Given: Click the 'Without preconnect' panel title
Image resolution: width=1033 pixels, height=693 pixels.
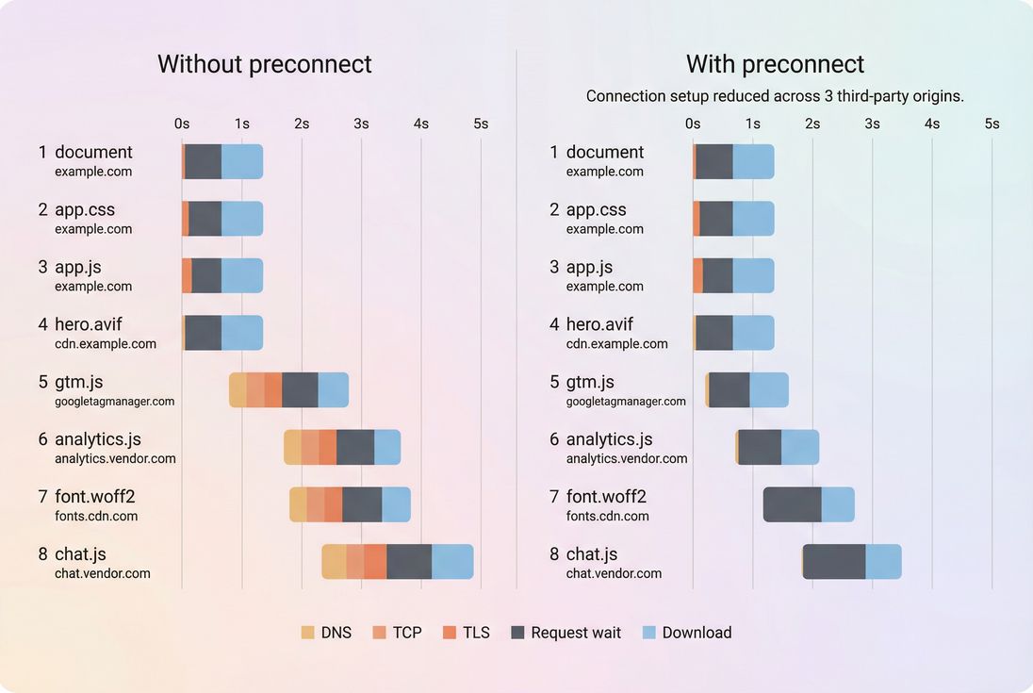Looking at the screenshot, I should (265, 64).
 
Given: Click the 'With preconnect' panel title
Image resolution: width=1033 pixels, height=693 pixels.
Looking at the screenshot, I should (775, 64).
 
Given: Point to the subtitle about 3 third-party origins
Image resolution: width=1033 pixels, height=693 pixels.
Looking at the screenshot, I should (775, 96).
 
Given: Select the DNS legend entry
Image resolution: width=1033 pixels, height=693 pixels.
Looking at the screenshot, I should (326, 633).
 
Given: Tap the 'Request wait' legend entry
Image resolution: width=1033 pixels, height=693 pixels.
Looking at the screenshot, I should (566, 633).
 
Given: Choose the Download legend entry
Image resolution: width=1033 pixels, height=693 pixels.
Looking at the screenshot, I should (686, 633).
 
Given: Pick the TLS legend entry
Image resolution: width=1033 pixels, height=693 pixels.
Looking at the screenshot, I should (466, 633).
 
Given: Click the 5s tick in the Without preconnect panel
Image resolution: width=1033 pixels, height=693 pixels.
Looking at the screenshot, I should (481, 124).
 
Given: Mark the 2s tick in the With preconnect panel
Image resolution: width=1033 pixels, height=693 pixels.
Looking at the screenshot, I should (812, 124).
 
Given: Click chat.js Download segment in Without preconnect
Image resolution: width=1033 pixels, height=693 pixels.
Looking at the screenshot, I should (452, 562).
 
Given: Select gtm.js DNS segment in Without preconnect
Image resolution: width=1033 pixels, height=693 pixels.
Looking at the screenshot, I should (238, 390).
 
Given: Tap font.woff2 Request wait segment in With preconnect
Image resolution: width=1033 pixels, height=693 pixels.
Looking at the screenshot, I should (792, 504).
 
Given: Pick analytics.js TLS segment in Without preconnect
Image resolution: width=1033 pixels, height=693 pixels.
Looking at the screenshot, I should (327, 447).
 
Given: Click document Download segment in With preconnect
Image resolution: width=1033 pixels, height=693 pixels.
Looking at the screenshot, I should (753, 161).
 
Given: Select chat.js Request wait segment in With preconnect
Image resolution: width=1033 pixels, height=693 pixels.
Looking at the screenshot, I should (834, 562).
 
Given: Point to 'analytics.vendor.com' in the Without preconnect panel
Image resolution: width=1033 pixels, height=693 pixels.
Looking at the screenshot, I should (115, 458).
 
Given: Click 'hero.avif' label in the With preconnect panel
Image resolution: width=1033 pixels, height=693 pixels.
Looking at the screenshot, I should (599, 324).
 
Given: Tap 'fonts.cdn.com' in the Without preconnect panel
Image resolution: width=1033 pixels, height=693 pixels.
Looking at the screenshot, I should (96, 516).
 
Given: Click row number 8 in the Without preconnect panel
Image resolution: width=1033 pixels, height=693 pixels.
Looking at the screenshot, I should (42, 554).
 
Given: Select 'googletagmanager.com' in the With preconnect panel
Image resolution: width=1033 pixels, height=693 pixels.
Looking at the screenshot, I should (626, 401).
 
